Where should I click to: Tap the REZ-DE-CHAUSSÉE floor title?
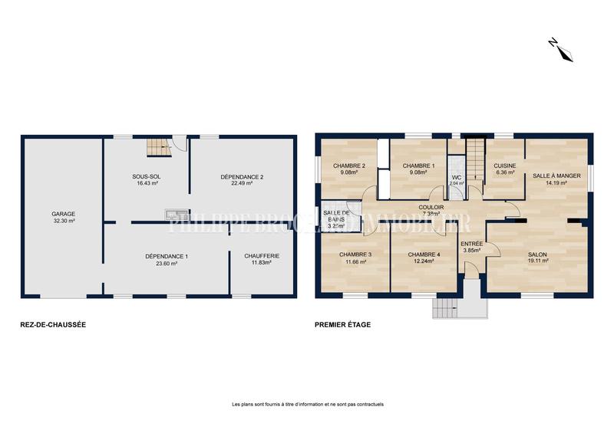pyautogui.click(x=53, y=324)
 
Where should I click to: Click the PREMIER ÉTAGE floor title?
pyautogui.click(x=342, y=324)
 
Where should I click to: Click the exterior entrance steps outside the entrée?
pyautogui.click(x=446, y=307)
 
